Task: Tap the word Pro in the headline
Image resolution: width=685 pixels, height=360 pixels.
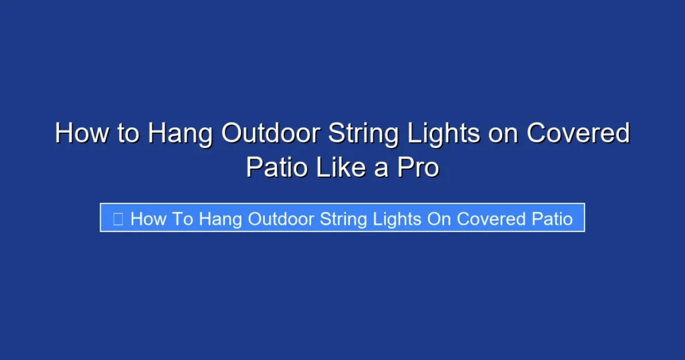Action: coord(418,167)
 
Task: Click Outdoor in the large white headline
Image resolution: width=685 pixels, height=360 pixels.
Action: coord(271,133)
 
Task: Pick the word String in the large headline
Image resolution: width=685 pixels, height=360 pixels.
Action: coord(364,133)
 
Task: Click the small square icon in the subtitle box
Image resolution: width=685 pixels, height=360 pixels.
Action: coord(118,219)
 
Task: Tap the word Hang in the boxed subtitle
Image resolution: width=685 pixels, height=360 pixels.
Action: coord(221,219)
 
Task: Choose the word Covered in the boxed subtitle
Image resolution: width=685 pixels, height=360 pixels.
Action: coord(490,219)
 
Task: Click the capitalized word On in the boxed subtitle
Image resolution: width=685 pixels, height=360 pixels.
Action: coord(439,219)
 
